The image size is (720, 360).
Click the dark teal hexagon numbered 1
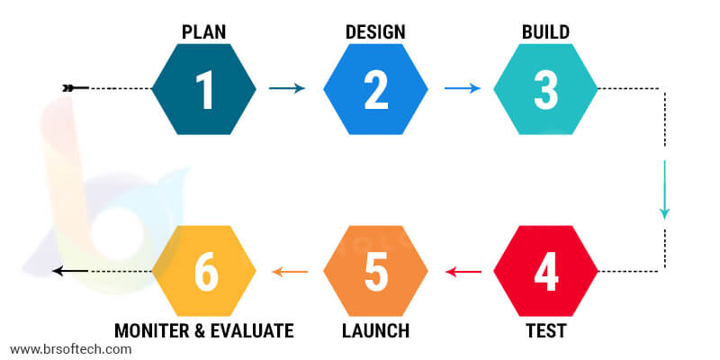pyautogui.click(x=204, y=89)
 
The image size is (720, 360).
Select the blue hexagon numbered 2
pyautogui.click(x=375, y=89)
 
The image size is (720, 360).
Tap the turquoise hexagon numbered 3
pyautogui.click(x=546, y=89)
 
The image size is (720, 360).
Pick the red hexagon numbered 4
pyautogui.click(x=546, y=271)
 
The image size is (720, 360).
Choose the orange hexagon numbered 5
pyautogui.click(x=375, y=271)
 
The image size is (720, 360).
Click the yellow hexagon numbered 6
pyautogui.click(x=204, y=271)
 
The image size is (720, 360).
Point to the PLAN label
pyautogui.click(x=204, y=32)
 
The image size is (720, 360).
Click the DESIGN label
pyautogui.click(x=375, y=32)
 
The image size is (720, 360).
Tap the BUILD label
pyautogui.click(x=546, y=32)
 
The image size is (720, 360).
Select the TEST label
pyautogui.click(x=546, y=330)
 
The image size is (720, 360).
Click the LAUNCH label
pyautogui.click(x=375, y=330)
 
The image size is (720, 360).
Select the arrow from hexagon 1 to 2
pyautogui.click(x=287, y=88)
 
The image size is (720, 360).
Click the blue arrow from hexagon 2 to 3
pyautogui.click(x=463, y=88)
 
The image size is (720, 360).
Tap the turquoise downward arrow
pyautogui.click(x=664, y=190)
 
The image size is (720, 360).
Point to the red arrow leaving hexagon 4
pyautogui.click(x=463, y=272)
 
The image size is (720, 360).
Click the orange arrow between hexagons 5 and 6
pyautogui.click(x=290, y=272)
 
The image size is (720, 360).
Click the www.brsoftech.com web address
pyautogui.click(x=71, y=349)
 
